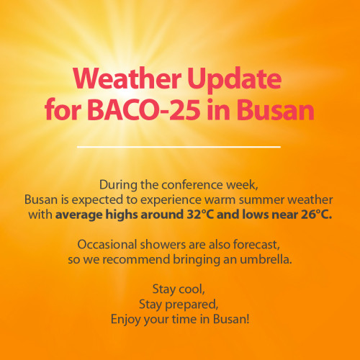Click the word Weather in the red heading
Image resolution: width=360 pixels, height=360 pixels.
point(127,78)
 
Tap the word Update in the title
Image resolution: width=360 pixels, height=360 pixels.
point(234,80)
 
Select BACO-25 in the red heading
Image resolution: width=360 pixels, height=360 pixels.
point(143,109)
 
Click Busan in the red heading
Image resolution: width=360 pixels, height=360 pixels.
point(276,109)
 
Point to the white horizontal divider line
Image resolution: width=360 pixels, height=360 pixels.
point(179,147)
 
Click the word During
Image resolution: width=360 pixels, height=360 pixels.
point(119,185)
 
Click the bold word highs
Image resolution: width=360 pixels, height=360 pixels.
point(122,215)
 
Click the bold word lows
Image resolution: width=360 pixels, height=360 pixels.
point(256,215)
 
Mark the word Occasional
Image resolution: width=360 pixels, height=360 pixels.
point(107,245)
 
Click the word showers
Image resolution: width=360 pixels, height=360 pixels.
point(163,245)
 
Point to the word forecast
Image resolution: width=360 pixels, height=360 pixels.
point(256,245)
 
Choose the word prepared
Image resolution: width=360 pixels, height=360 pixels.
point(192,305)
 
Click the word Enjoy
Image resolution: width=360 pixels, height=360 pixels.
point(125,320)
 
